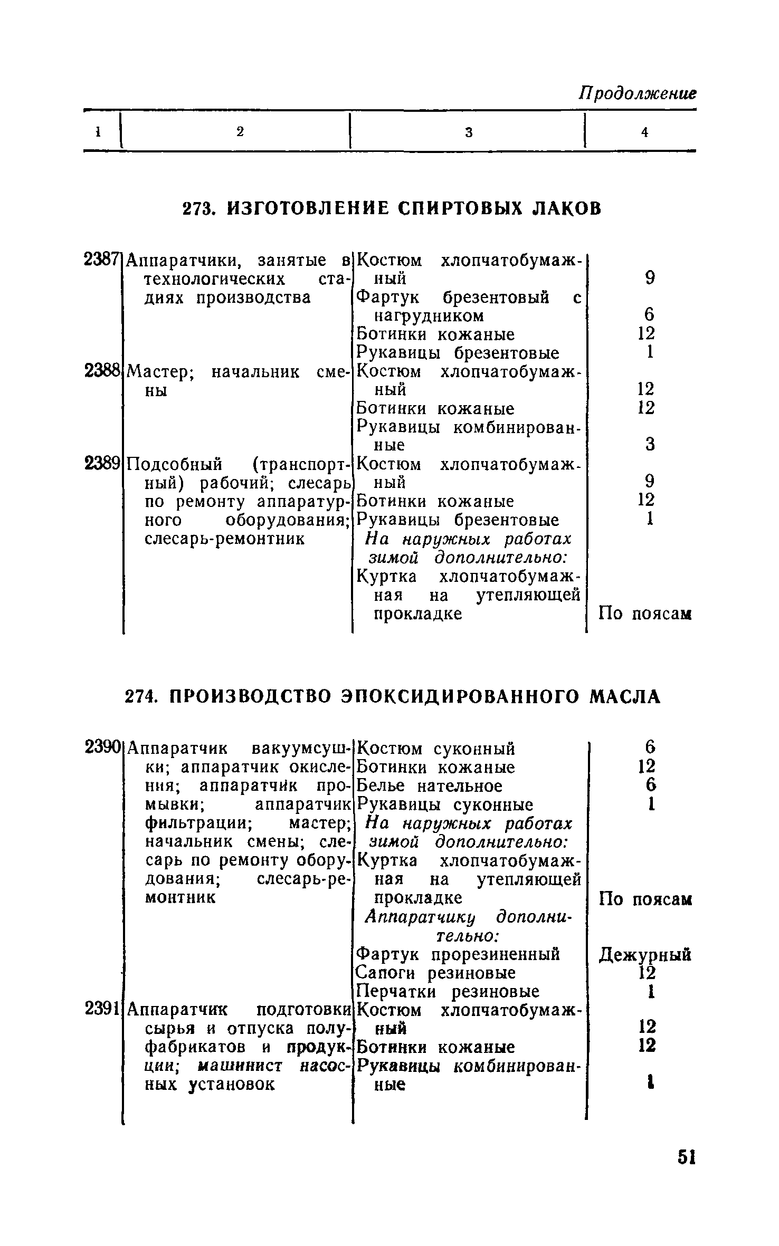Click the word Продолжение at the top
pos(637,95)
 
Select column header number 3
pos(469,133)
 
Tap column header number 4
pos(644,133)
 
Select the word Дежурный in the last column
pos(645,955)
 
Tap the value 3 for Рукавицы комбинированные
pos(650,444)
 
